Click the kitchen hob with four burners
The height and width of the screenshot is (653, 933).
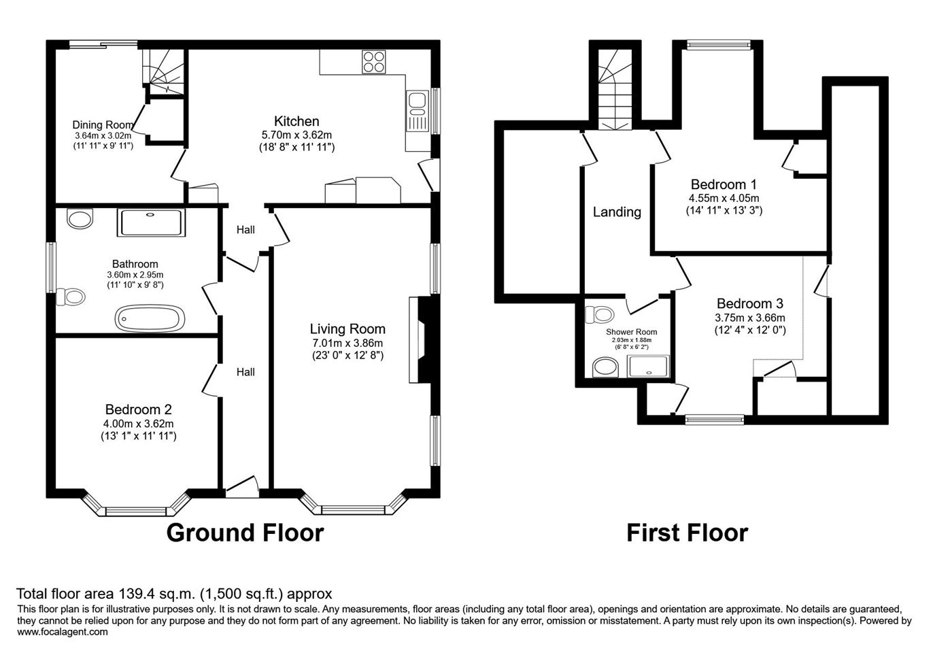pyautogui.click(x=373, y=62)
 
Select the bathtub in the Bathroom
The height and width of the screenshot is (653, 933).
pyautogui.click(x=150, y=318)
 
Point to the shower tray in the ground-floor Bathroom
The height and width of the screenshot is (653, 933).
pyautogui.click(x=151, y=222)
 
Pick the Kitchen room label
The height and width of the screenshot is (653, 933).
pyautogui.click(x=296, y=121)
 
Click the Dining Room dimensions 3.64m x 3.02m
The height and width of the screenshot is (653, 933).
pyautogui.click(x=103, y=135)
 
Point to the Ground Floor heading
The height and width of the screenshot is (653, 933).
pyautogui.click(x=245, y=533)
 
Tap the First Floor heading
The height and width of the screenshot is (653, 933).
pyautogui.click(x=688, y=533)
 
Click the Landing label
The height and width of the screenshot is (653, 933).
pyautogui.click(x=617, y=212)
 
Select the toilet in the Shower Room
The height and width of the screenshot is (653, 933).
pyautogui.click(x=599, y=315)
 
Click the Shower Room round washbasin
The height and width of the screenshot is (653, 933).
pyautogui.click(x=606, y=367)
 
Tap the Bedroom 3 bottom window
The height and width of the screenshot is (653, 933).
pyautogui.click(x=715, y=419)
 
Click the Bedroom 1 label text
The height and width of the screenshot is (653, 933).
pyautogui.click(x=724, y=184)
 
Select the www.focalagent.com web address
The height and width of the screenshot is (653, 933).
pyautogui.click(x=63, y=632)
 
